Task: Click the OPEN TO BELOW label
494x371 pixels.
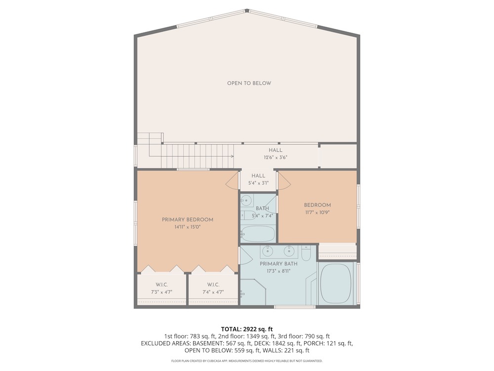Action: (x=249, y=83)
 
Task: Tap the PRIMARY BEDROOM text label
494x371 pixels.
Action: (x=187, y=220)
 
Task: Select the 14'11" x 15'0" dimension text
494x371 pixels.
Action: (x=187, y=227)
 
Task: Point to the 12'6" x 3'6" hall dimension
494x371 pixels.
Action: (x=275, y=157)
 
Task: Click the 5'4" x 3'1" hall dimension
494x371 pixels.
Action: (x=258, y=183)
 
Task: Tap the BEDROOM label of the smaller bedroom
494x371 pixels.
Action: (x=317, y=205)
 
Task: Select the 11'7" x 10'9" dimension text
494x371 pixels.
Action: (x=317, y=212)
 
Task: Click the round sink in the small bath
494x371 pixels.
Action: (x=247, y=199)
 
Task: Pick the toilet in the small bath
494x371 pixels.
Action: (x=247, y=215)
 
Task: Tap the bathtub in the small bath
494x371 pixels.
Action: (x=258, y=234)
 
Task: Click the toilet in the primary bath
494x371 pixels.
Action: (x=306, y=251)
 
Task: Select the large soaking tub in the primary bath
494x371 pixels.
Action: (x=336, y=283)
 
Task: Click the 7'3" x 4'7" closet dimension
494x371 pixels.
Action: (x=162, y=292)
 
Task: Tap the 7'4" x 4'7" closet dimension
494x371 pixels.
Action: (x=213, y=292)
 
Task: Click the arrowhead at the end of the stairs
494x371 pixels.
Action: (x=232, y=156)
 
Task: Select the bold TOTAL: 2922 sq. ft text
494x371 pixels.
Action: (x=247, y=329)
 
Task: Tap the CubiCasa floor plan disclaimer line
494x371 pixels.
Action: (x=247, y=361)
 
